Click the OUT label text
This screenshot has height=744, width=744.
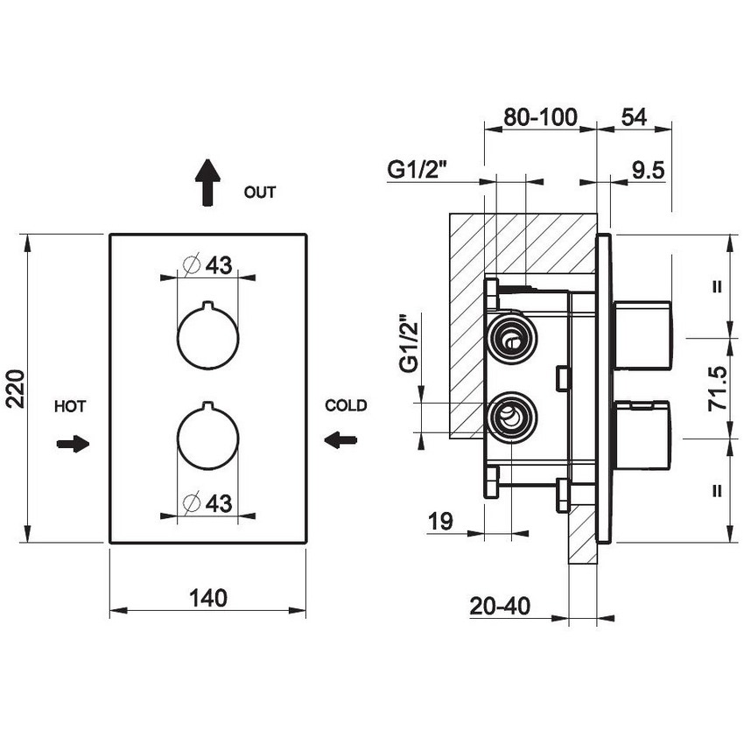click(x=259, y=193)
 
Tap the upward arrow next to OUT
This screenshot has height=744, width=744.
click(x=207, y=182)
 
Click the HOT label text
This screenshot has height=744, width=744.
click(x=70, y=406)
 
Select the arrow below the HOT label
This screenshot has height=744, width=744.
click(x=73, y=444)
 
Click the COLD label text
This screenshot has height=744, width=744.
click(x=346, y=406)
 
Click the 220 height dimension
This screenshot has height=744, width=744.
click(x=15, y=389)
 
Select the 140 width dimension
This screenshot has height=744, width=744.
click(x=207, y=597)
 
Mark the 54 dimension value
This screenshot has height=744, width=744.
click(x=634, y=117)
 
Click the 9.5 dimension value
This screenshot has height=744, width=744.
click(x=649, y=171)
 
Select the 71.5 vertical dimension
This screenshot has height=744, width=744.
click(x=718, y=389)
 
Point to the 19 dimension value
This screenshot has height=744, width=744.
click(x=440, y=522)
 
